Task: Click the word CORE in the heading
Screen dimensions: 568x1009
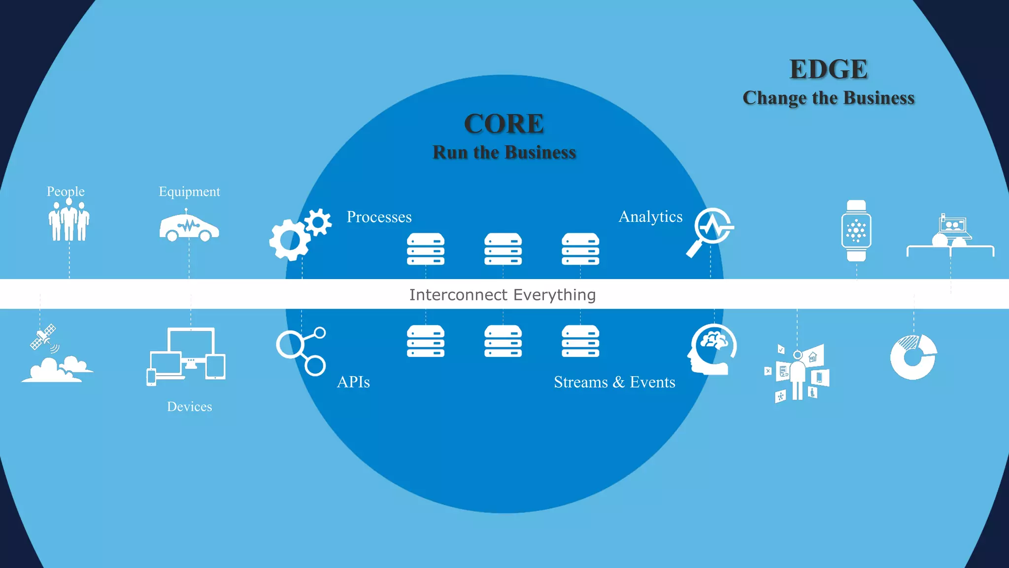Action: click(504, 124)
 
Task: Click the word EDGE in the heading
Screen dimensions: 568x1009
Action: click(828, 70)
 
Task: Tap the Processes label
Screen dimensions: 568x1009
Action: click(379, 217)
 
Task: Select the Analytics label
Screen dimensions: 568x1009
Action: click(650, 217)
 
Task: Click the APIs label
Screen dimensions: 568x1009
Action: click(353, 382)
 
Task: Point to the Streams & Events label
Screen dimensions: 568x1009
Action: click(614, 382)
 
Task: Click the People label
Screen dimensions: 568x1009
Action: click(66, 191)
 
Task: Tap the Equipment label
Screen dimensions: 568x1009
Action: click(189, 191)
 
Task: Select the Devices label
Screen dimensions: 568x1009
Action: click(189, 407)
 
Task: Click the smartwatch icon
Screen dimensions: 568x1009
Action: click(856, 231)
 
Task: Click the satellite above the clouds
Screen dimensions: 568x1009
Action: click(43, 337)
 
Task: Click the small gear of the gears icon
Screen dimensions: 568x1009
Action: click(318, 222)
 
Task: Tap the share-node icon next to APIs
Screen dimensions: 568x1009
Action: click(301, 351)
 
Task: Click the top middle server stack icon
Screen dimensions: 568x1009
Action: click(503, 249)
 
